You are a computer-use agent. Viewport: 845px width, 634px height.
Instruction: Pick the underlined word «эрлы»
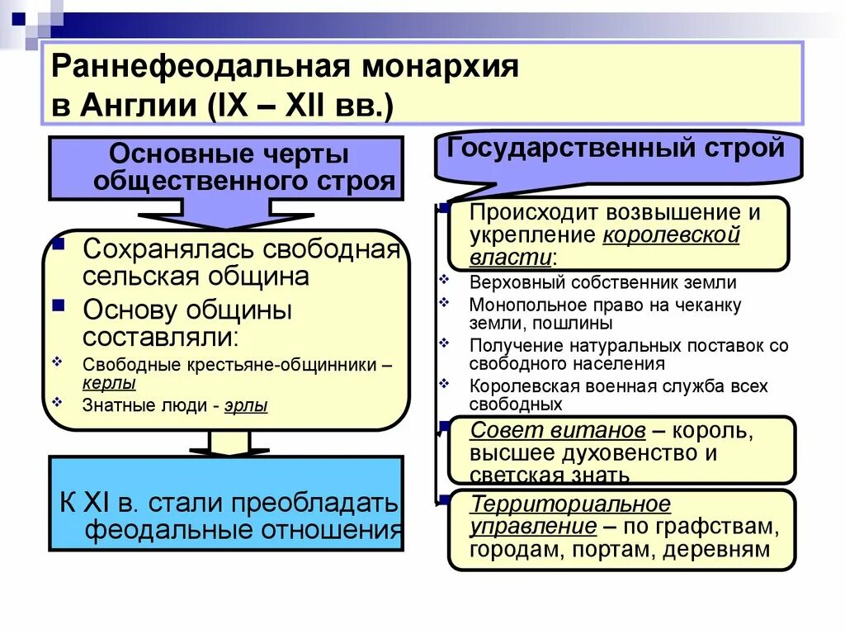pyautogui.click(x=246, y=405)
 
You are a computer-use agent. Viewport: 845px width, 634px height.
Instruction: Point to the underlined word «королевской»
pyautogui.click(x=671, y=234)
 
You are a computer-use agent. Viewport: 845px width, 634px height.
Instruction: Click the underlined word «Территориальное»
pyautogui.click(x=570, y=504)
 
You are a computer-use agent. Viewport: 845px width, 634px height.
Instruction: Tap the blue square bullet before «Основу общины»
pyautogui.click(x=59, y=305)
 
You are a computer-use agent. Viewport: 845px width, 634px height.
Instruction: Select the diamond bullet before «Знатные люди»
pyautogui.click(x=57, y=402)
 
